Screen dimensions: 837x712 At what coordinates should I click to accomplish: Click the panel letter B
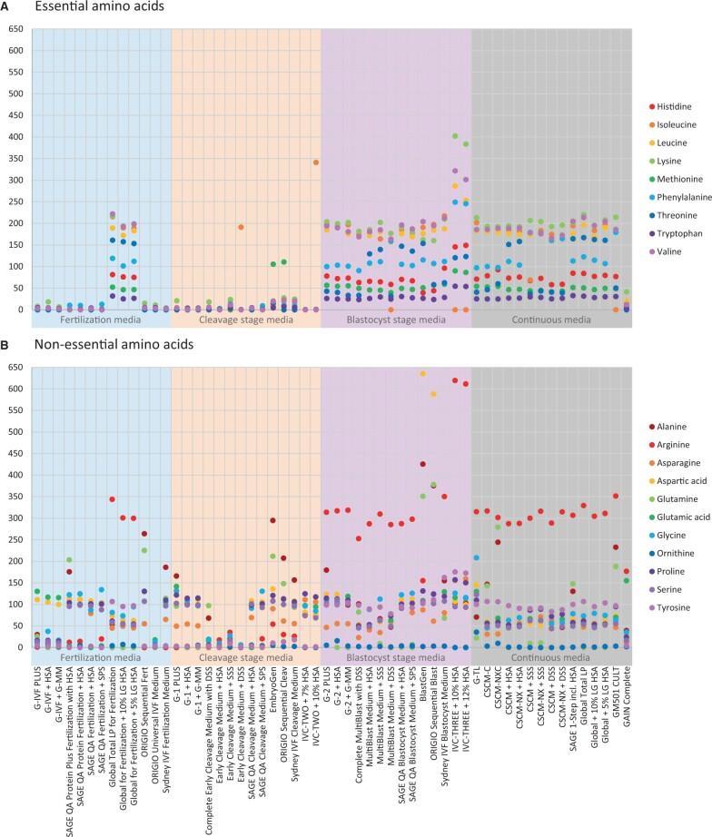[6, 345]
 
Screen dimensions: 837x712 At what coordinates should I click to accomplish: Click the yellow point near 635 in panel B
[448, 373]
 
